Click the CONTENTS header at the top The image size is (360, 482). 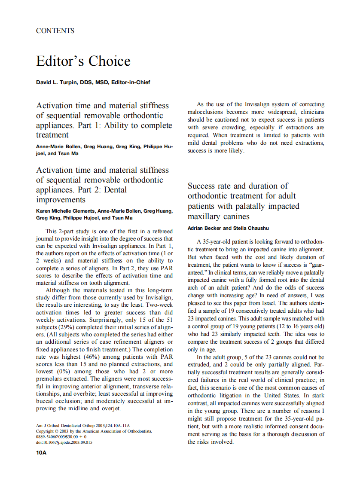click(55, 31)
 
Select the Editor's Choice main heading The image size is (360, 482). click(83, 61)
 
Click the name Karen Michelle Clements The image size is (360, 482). click(66, 211)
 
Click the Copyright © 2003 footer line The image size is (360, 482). click(93, 431)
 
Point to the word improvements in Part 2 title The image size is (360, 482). click(61, 200)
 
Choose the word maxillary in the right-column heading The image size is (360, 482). click(207, 216)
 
